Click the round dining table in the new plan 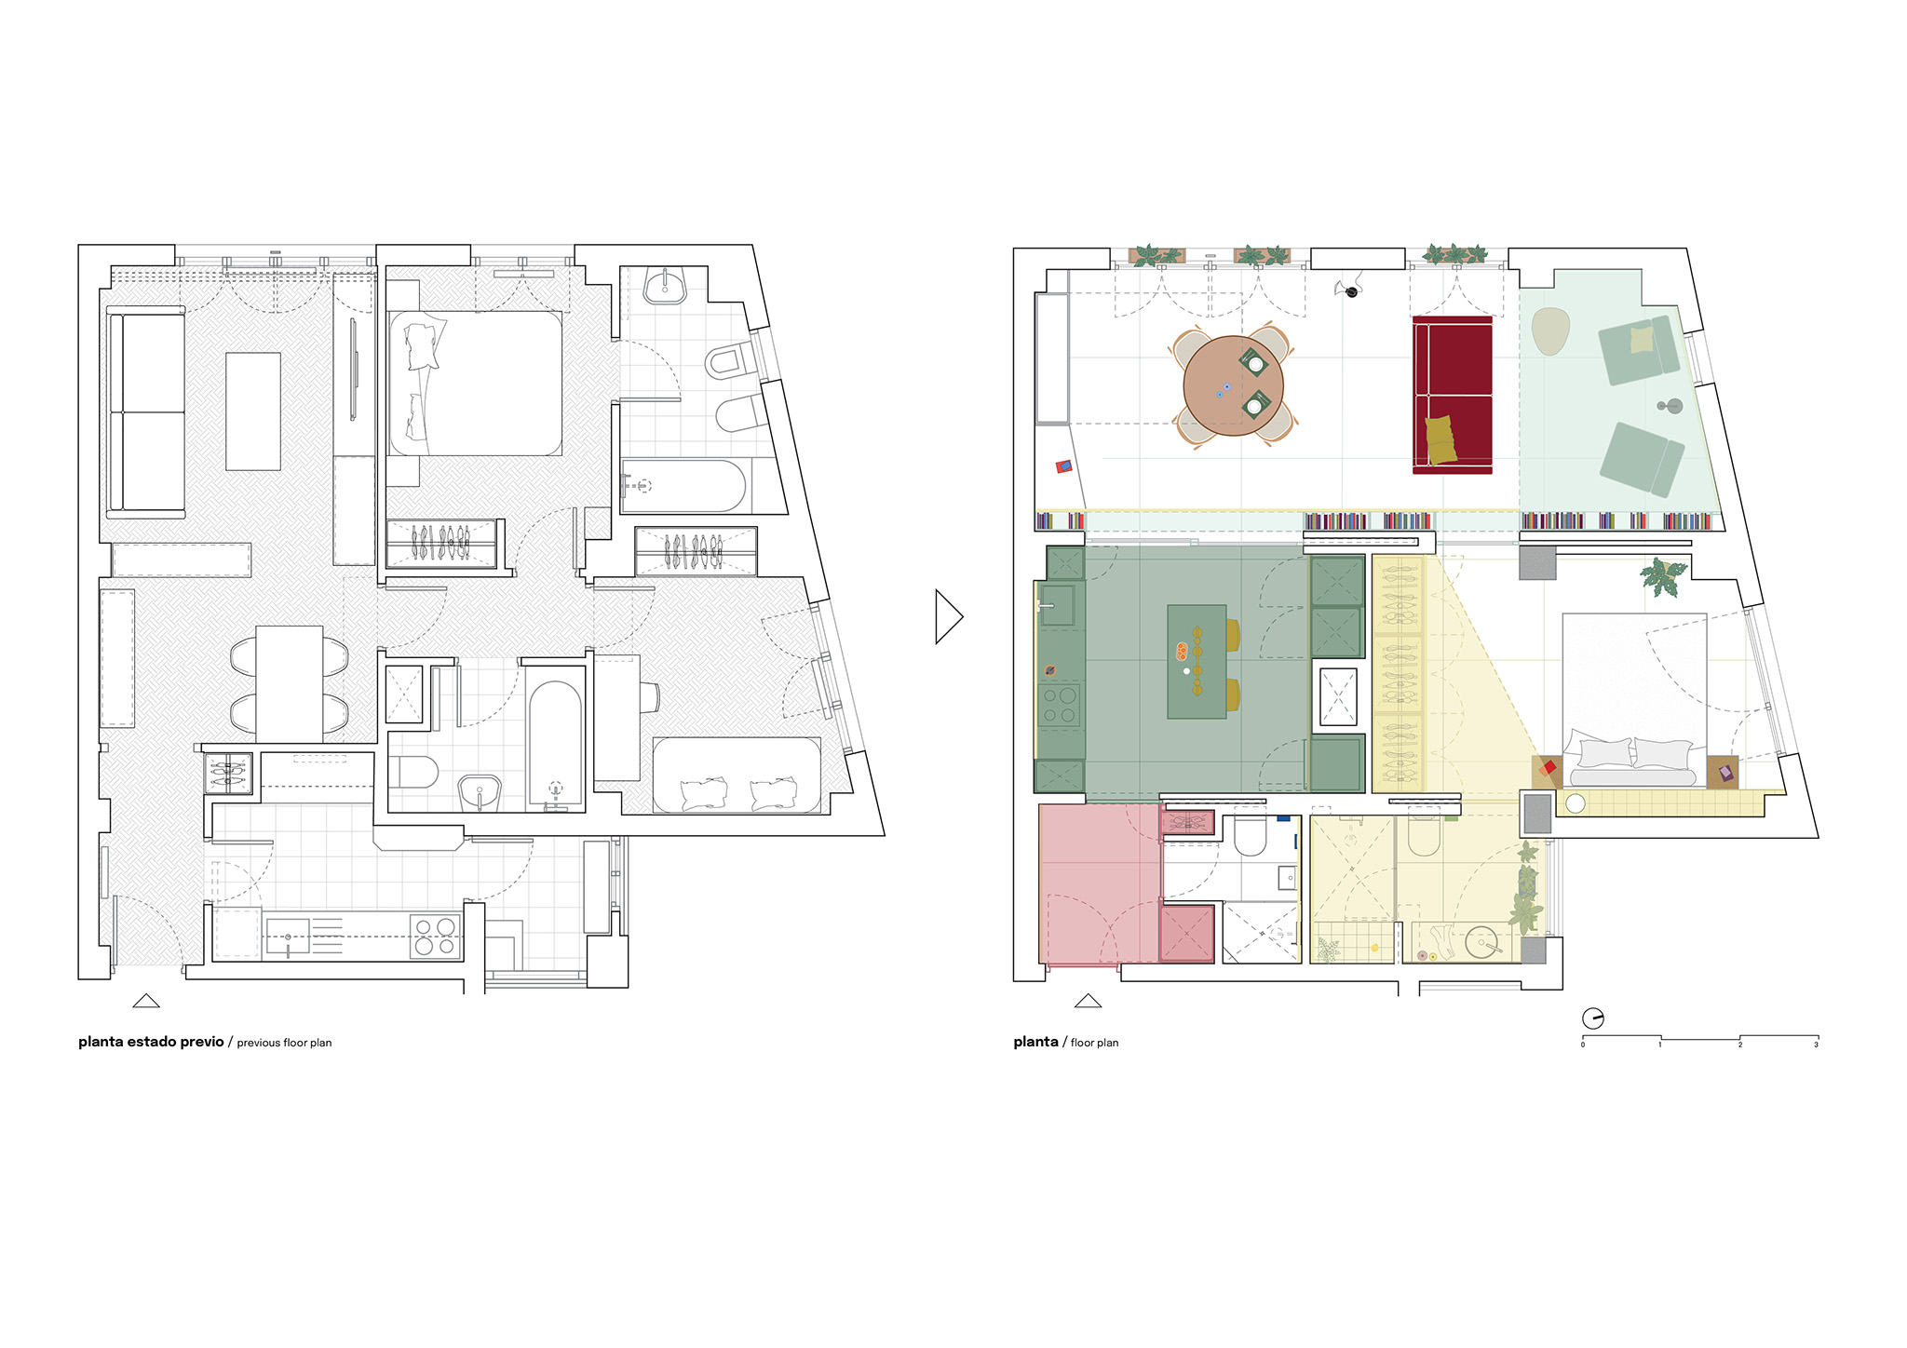tap(1233, 386)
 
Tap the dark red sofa tap(1452, 395)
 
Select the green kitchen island tap(1197, 661)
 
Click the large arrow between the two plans tap(948, 616)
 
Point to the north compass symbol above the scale tap(1593, 1018)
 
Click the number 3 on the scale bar tap(1816, 1045)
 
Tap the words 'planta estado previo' tap(151, 1042)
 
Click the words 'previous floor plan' tap(284, 1043)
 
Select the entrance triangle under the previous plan tap(146, 1001)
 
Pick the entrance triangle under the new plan tap(1088, 1001)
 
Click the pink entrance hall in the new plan tap(1099, 884)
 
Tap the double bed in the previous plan tap(475, 383)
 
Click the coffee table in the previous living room tap(253, 411)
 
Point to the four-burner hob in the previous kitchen tap(436, 937)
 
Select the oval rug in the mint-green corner tap(1550, 331)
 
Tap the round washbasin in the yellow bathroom tap(1481, 942)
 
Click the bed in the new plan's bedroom tap(1634, 700)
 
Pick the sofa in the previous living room tap(146, 412)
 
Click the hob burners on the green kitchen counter tap(1059, 705)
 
